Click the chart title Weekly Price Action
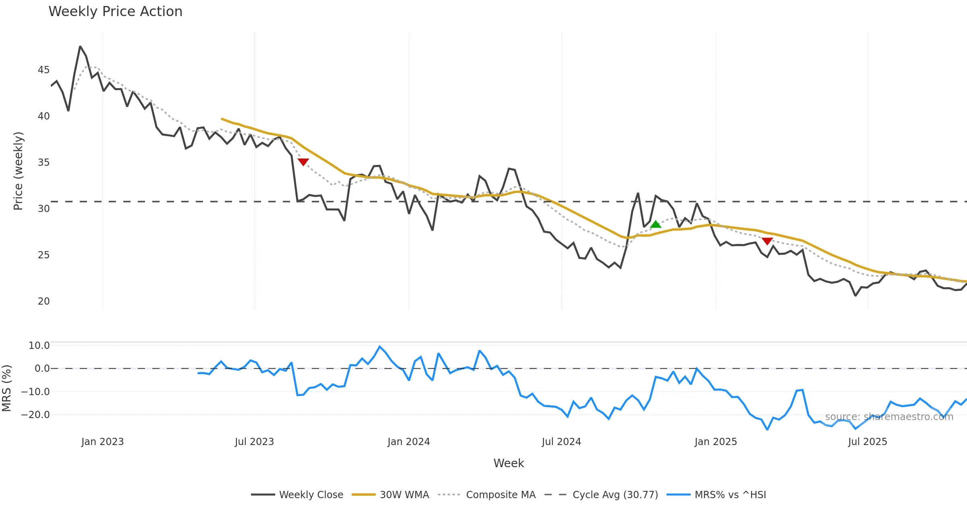click(x=115, y=11)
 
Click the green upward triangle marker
click(x=656, y=224)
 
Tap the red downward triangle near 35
click(x=303, y=162)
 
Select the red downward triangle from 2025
click(x=767, y=241)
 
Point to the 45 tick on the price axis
click(x=44, y=70)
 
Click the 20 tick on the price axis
click(x=44, y=301)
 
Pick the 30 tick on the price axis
click(x=44, y=209)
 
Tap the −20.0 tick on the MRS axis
click(x=36, y=415)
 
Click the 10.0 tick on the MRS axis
click(x=39, y=346)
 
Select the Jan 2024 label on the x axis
click(x=409, y=442)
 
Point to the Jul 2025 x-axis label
click(x=867, y=442)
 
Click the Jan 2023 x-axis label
click(x=102, y=442)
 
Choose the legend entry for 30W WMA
click(x=404, y=495)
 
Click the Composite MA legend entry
click(x=500, y=495)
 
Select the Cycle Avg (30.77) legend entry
click(x=615, y=495)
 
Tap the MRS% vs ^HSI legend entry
click(x=730, y=495)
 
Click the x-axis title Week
click(x=508, y=463)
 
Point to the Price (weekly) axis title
click(x=18, y=171)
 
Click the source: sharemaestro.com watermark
click(x=889, y=417)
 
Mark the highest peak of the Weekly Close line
click(x=80, y=47)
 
